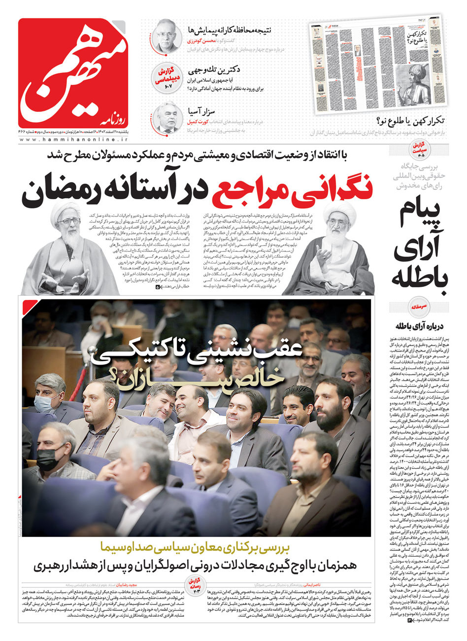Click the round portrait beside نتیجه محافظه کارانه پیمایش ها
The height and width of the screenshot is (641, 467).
click(x=165, y=36)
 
